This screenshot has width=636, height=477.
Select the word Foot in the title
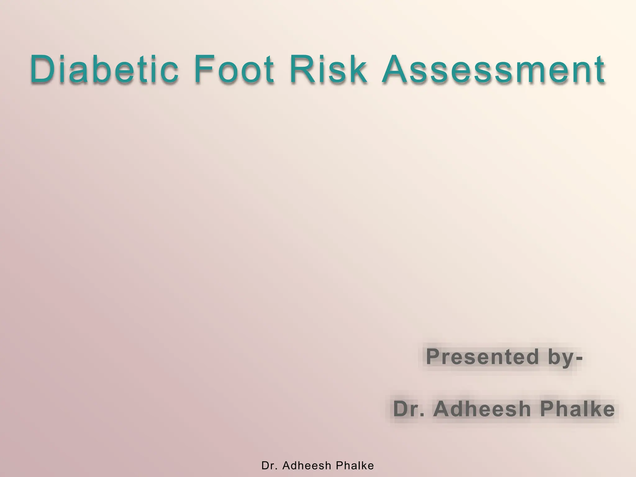234,69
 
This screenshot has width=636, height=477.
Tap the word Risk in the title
328,69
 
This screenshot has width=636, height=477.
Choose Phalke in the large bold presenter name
577,409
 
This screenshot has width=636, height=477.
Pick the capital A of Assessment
395,69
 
